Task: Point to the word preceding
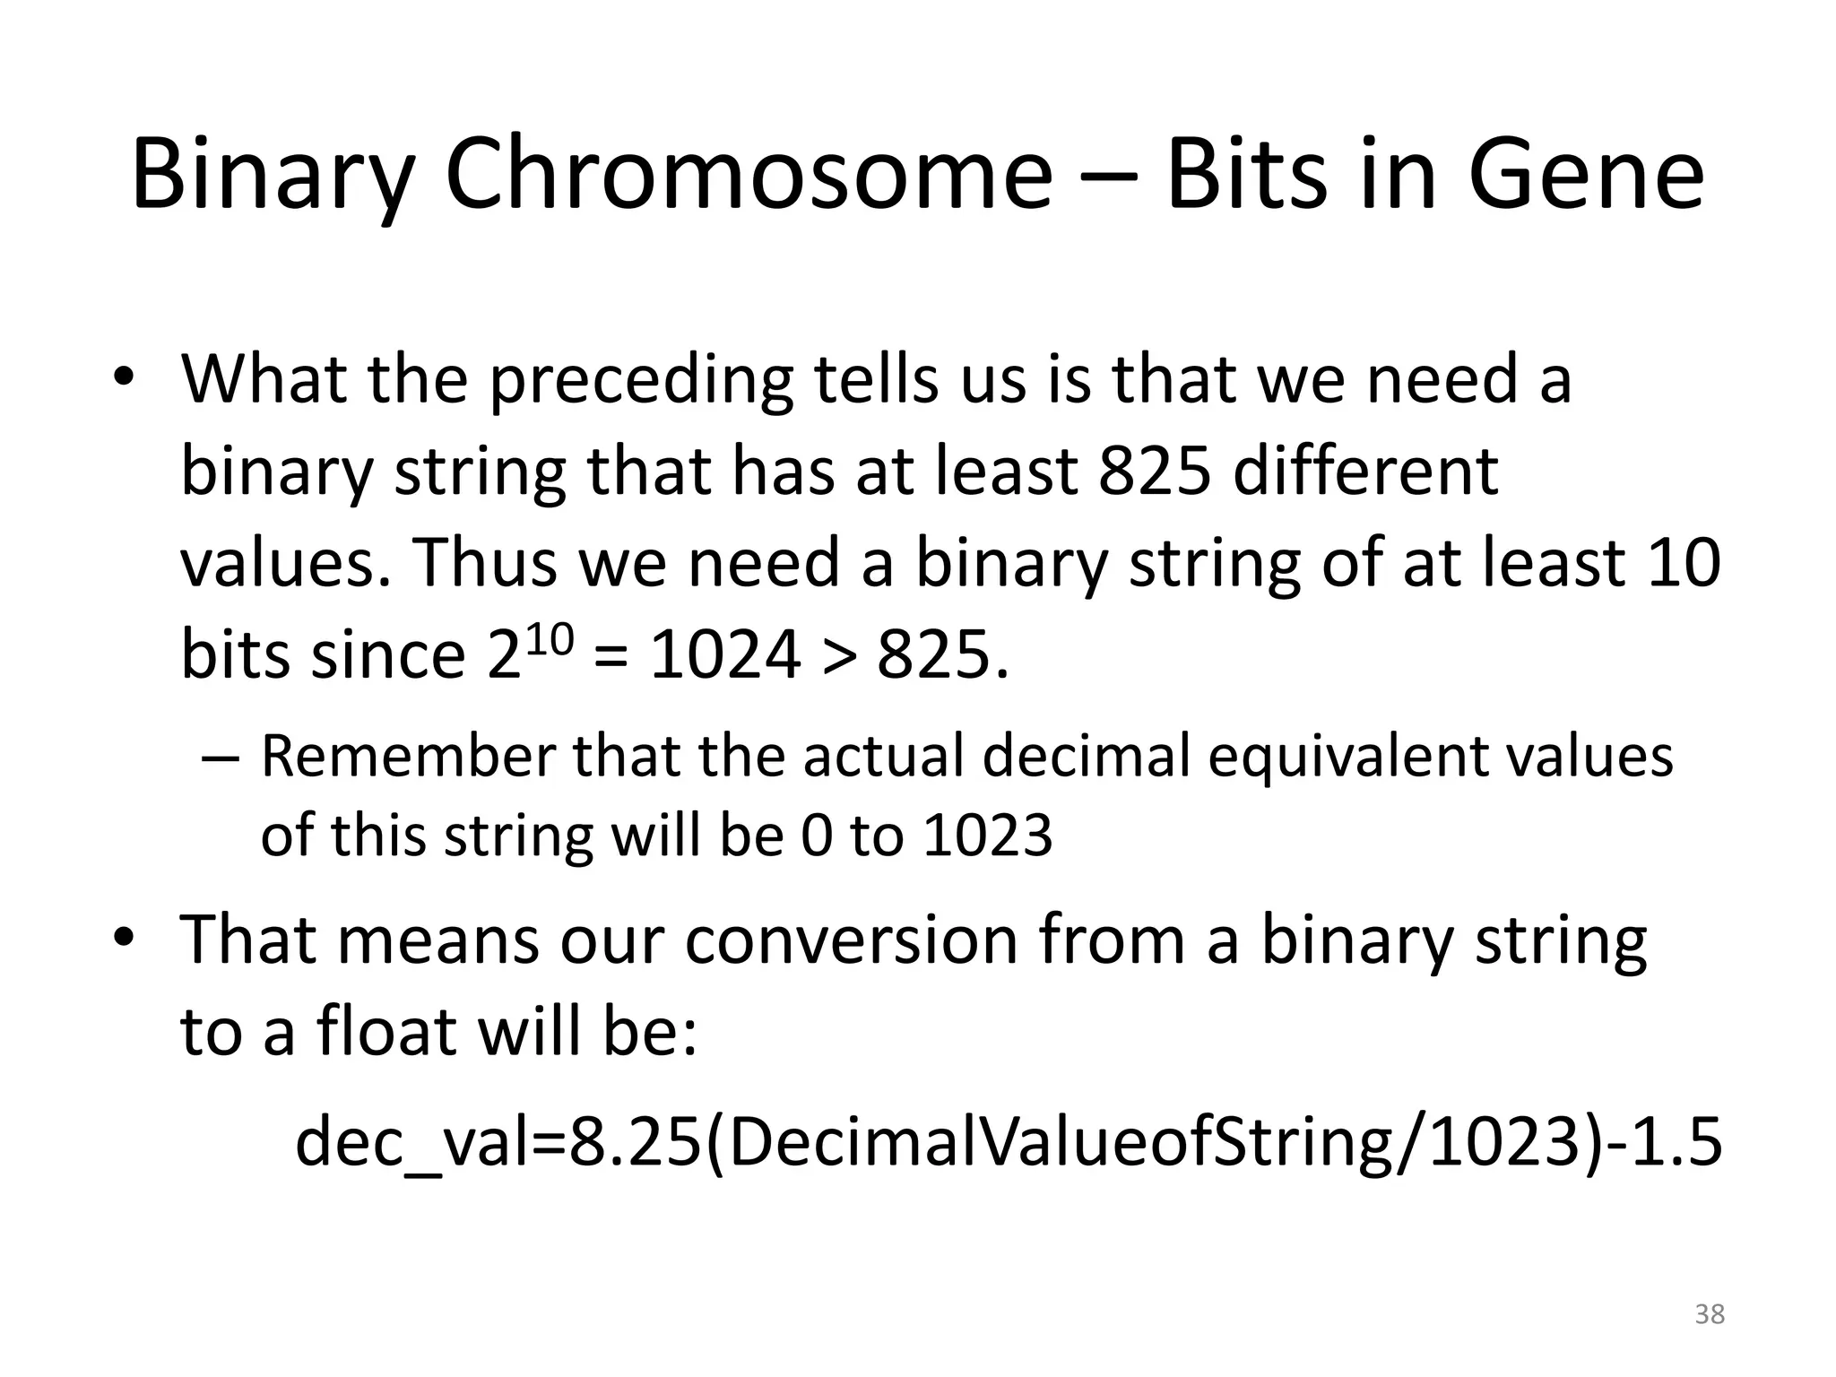point(642,380)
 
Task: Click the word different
point(1365,472)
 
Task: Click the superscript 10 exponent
point(548,637)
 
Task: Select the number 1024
point(724,656)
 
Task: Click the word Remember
point(408,757)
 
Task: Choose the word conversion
point(851,941)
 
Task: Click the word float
point(387,1033)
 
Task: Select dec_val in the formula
point(418,1144)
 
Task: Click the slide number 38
point(1710,1314)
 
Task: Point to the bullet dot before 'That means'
point(124,938)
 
